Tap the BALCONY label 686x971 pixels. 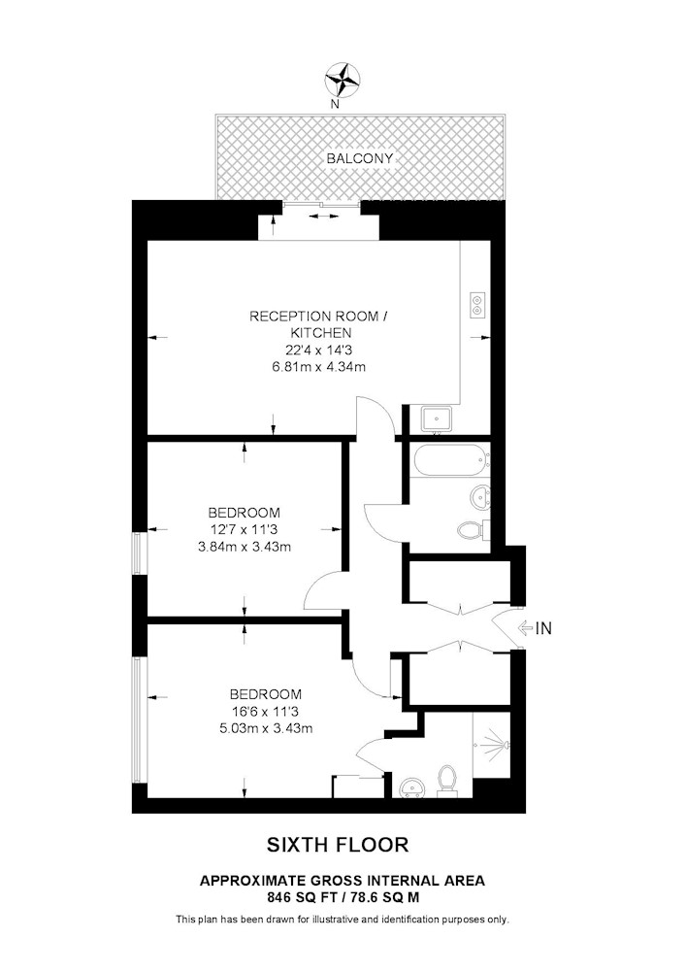(360, 158)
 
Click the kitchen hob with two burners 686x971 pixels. (478, 304)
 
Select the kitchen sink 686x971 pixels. (437, 419)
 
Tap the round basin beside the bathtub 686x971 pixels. (480, 496)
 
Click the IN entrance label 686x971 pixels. (543, 628)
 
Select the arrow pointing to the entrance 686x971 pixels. (525, 628)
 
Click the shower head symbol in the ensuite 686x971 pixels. (496, 743)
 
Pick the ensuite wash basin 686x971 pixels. (410, 787)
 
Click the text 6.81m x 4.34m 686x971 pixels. (318, 367)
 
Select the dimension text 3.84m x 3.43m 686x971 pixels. (245, 547)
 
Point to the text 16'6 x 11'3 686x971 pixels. (266, 712)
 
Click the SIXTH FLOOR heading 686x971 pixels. (338, 845)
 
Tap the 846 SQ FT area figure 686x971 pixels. (298, 896)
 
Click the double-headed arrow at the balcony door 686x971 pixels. (323, 217)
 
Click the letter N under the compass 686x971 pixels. (335, 104)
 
